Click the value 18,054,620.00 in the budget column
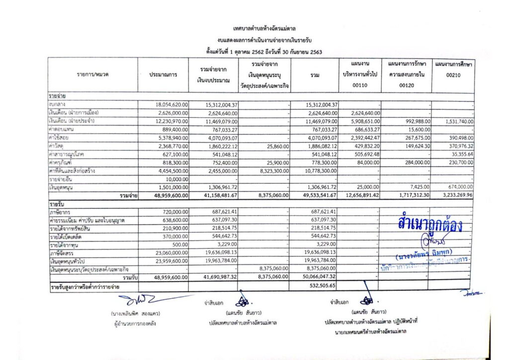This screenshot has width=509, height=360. [x=171, y=105]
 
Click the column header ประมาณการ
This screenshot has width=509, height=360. [x=163, y=75]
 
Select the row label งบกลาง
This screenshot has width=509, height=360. [x=58, y=105]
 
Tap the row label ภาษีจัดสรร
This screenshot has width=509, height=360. [x=61, y=253]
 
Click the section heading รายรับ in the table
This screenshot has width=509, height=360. [x=58, y=204]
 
